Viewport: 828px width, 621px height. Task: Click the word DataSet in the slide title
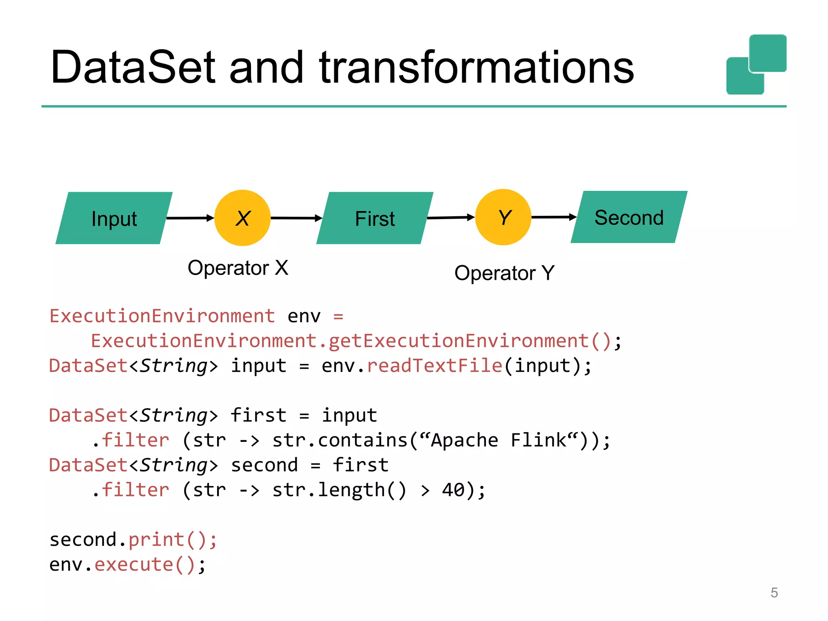133,68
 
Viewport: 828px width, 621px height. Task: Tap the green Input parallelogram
114,218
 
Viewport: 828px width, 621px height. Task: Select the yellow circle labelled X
242,218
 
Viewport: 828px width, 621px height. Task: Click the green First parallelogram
375,218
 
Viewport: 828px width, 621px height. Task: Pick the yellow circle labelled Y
503,218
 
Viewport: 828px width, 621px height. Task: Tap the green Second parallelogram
629,218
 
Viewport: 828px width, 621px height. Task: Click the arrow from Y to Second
553,217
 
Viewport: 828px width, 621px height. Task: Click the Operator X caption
238,268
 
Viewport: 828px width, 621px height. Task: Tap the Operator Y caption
504,273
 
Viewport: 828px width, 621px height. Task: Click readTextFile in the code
434,366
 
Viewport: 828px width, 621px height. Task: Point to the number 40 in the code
453,490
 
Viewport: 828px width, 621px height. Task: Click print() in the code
172,540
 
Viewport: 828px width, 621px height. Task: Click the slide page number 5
774,593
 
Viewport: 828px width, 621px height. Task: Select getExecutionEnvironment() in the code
469,341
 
